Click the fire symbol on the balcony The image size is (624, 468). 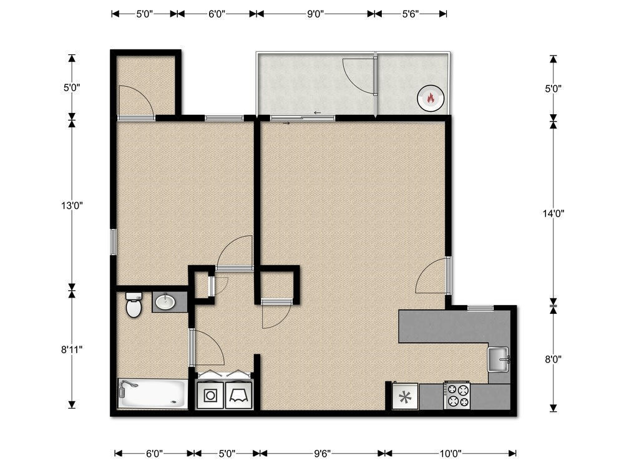pyautogui.click(x=429, y=97)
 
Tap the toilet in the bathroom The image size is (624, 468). pyautogui.click(x=134, y=306)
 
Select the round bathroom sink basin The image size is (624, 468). pyautogui.click(x=165, y=303)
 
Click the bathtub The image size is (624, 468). pyautogui.click(x=152, y=394)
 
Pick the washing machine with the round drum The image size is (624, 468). pyautogui.click(x=210, y=395)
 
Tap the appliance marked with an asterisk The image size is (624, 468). pyautogui.click(x=405, y=396)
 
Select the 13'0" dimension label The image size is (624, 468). pyautogui.click(x=72, y=205)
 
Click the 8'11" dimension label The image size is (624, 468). pyautogui.click(x=72, y=349)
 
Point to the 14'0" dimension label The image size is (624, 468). pyautogui.click(x=553, y=213)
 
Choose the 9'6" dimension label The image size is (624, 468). pyautogui.click(x=321, y=454)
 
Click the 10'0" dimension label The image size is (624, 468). pyautogui.click(x=451, y=454)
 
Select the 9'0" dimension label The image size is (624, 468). pyautogui.click(x=315, y=14)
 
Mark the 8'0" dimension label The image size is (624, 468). pyautogui.click(x=553, y=359)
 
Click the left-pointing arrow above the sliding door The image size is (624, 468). pyautogui.click(x=317, y=113)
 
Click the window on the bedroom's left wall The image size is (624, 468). pyautogui.click(x=114, y=241)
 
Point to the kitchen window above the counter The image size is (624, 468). pyautogui.click(x=480, y=308)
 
